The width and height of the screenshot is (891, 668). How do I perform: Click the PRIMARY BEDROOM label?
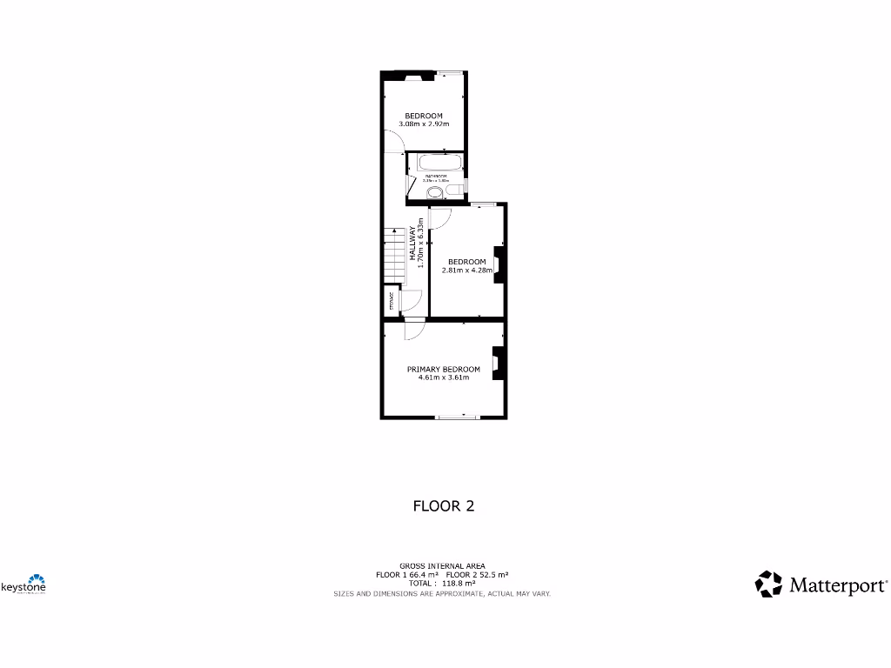pos(443,369)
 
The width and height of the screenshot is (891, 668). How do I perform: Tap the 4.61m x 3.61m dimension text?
pos(443,377)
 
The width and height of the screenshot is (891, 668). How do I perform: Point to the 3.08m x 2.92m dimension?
pos(424,124)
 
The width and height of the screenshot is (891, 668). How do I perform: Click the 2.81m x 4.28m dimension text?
pos(467,271)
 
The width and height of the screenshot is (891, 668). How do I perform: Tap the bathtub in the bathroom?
pos(440,163)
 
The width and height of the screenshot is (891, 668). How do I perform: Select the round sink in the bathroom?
pos(434,191)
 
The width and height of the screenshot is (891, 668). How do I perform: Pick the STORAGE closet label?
pos(392,303)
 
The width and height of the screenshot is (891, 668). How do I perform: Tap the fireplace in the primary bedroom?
pos(497,364)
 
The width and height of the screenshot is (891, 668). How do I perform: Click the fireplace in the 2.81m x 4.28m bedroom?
pos(498,263)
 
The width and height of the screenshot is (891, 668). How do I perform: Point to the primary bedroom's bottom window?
pos(457,417)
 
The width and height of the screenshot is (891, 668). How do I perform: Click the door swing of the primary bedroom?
pos(413,330)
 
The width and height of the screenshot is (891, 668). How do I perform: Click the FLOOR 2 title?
pos(443,505)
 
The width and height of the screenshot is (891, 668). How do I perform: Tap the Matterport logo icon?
pos(768,584)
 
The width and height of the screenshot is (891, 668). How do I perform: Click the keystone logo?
pos(23,584)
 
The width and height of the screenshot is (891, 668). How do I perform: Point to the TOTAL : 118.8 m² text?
pos(443,584)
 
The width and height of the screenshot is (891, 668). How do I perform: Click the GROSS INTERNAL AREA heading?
pos(443,565)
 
